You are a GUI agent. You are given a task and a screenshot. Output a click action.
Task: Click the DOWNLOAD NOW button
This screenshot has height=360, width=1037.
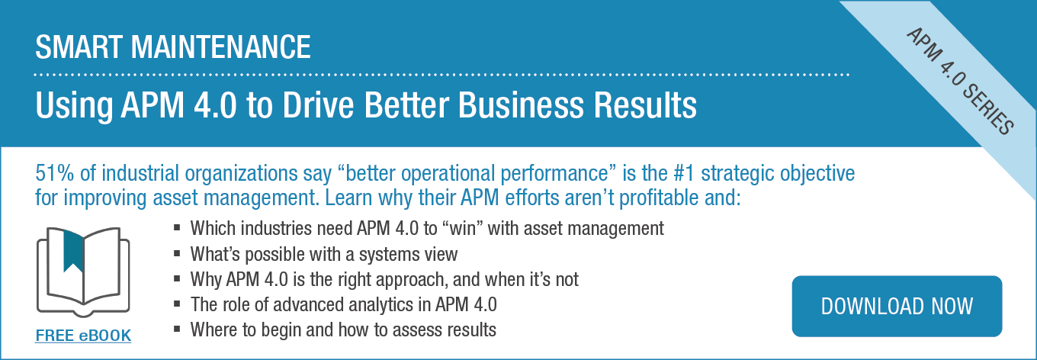click(x=897, y=307)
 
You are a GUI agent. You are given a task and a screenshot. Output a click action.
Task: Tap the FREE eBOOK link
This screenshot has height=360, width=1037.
click(x=83, y=336)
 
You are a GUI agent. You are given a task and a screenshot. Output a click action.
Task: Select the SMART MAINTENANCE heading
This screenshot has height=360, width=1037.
click(x=173, y=47)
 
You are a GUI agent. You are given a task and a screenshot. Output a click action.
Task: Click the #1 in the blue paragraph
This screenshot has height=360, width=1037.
click(x=684, y=173)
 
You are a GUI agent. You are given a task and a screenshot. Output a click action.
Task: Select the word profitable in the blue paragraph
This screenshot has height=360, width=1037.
click(x=659, y=198)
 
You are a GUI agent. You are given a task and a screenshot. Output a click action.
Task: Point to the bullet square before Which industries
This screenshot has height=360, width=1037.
click(x=177, y=227)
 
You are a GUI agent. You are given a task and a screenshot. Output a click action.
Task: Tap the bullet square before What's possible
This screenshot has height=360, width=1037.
click(x=177, y=253)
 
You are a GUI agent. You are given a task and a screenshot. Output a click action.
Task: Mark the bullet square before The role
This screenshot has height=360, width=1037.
click(x=177, y=304)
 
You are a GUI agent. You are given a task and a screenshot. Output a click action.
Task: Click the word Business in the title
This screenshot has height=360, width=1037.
click(x=522, y=105)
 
